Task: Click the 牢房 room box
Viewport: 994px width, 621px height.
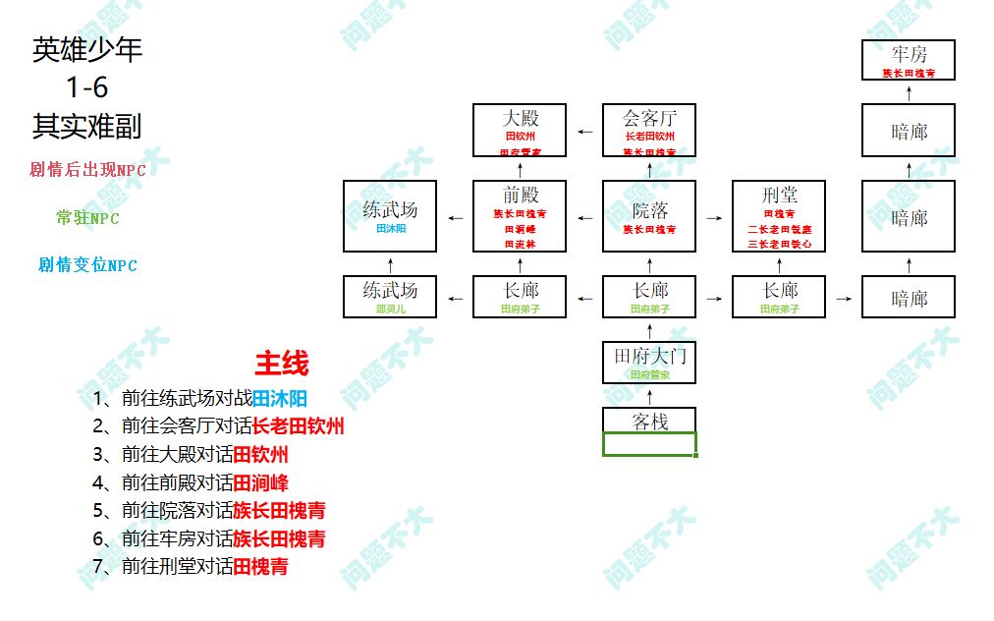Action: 908,60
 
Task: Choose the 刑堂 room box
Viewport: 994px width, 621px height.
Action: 779,216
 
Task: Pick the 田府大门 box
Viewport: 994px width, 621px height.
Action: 649,361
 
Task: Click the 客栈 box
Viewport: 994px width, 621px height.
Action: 649,421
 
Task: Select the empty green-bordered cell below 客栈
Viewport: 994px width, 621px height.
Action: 649,444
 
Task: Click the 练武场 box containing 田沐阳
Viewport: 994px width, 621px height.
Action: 390,216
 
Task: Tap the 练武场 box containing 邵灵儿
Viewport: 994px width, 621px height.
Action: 390,297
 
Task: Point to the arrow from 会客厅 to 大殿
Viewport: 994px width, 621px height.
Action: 585,131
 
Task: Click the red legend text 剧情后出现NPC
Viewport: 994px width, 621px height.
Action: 87,170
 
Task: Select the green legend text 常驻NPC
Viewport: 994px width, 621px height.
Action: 87,218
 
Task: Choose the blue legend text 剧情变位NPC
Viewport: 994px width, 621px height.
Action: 87,265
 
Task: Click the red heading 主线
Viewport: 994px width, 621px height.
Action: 282,364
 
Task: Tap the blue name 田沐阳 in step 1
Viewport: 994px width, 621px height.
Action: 280,399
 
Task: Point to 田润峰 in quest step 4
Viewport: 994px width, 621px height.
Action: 260,482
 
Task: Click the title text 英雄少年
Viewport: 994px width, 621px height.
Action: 87,50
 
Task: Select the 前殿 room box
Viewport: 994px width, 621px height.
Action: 520,216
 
